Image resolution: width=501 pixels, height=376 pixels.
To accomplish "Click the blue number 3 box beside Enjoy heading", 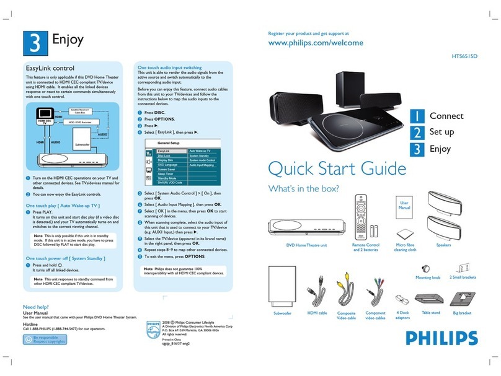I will tap(32, 41).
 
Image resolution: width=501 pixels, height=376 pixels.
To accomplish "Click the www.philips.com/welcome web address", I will tap(315, 43).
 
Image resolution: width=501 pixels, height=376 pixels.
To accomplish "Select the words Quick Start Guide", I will tap(337, 168).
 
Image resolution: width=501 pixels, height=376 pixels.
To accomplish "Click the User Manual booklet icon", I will tap(404, 212).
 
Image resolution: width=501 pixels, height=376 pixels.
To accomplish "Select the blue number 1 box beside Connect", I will tap(419, 116).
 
